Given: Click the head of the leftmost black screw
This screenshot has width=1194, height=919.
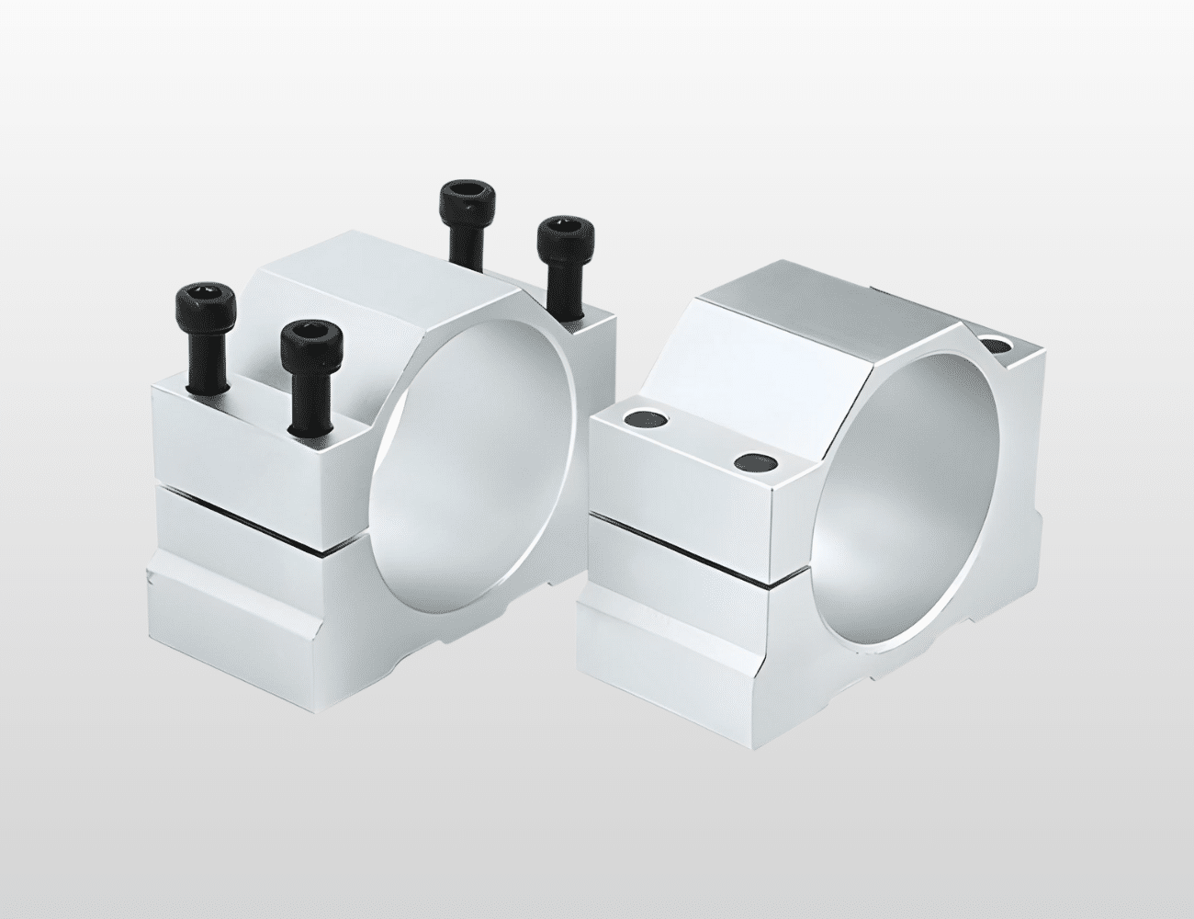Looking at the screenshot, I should tap(205, 302).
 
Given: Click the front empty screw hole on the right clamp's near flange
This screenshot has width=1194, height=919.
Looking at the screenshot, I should tap(755, 459).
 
